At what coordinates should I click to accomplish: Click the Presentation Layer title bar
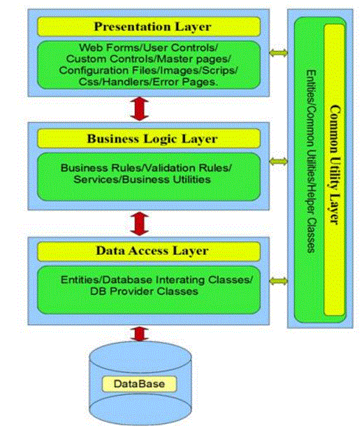point(149,27)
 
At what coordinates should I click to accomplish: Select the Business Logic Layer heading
point(149,138)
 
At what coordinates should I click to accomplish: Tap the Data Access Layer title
point(149,251)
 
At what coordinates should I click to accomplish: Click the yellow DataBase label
point(139,384)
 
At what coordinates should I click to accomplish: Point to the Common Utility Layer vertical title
point(335,165)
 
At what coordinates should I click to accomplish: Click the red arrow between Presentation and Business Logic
point(140,109)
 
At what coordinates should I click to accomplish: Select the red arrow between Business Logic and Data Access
point(140,224)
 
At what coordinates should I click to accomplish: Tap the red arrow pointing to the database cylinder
point(140,334)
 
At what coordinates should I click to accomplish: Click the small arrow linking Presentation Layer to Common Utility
point(278,52)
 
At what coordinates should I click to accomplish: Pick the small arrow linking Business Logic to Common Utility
point(278,161)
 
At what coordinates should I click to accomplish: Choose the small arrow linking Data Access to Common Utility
point(278,281)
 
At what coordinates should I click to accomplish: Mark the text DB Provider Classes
point(144,291)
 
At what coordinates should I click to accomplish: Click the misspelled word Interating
point(180,279)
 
